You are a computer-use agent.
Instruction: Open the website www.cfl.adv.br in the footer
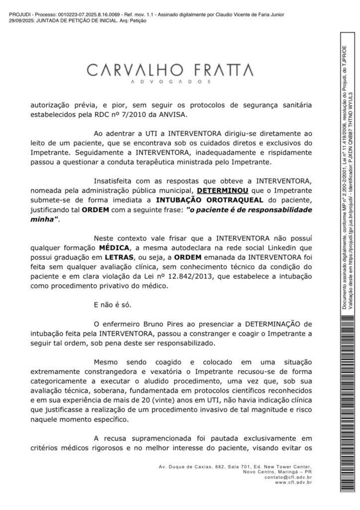coord(293,482)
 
